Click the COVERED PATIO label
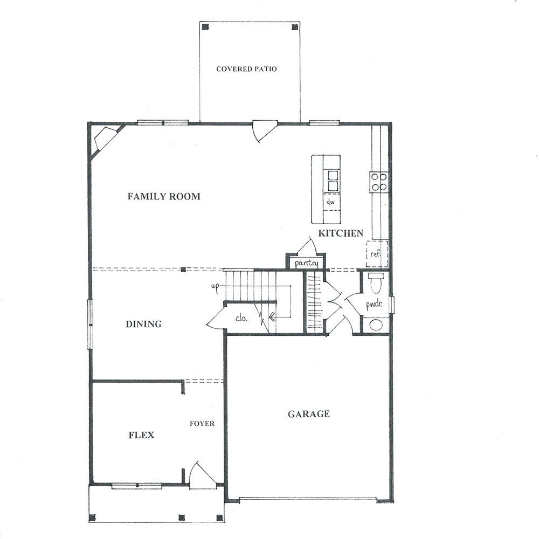pos(246,69)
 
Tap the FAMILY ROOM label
pos(164,196)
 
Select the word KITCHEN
pos(341,233)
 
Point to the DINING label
pos(144,324)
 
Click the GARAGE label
pos(309,414)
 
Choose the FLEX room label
pos(141,435)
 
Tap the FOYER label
pos(202,424)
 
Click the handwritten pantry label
pos(306,264)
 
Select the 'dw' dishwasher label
pos(331,202)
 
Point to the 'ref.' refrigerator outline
pos(377,254)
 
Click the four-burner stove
pos(379,182)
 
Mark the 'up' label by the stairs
pos(215,287)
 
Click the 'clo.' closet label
pos(241,319)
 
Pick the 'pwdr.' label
pos(374,304)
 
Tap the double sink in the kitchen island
pos(333,181)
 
